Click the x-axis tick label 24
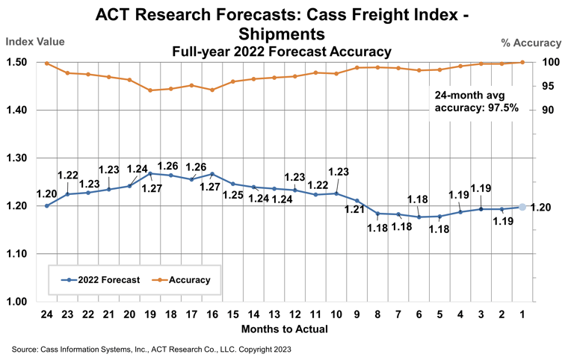coord(46,314)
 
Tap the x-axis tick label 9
coord(357,314)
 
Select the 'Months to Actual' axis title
coord(284,329)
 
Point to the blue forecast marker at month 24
coord(46,205)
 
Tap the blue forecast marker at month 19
coord(150,173)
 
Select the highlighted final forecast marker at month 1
coord(522,207)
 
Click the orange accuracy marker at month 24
coord(46,63)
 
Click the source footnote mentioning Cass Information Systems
coord(152,349)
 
